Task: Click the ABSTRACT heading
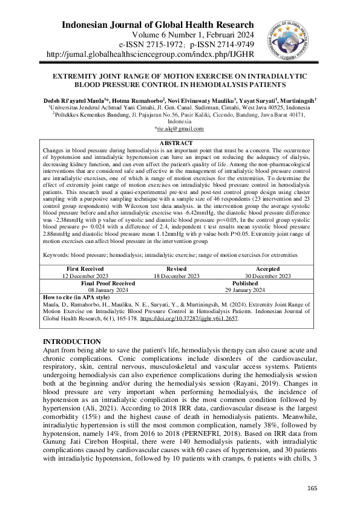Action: (x=179, y=143)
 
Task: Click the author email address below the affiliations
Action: (x=179, y=128)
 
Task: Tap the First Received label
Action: (x=85, y=268)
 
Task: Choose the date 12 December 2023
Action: (x=85, y=276)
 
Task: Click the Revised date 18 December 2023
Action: (x=180, y=276)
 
